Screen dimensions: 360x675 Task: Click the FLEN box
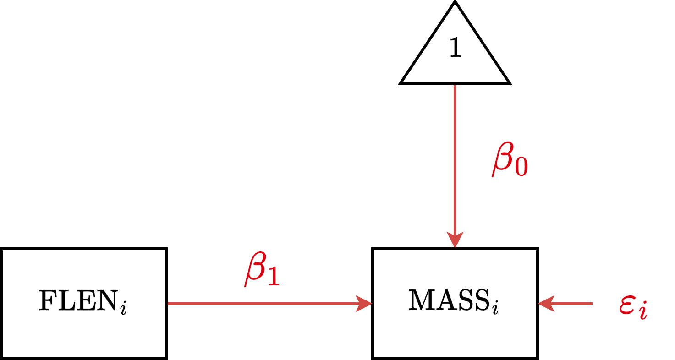coord(83,304)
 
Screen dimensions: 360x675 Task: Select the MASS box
coord(455,304)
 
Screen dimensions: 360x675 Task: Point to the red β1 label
coord(261,272)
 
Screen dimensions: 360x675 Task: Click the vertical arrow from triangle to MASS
coord(455,160)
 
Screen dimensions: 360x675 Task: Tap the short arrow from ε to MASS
coord(568,303)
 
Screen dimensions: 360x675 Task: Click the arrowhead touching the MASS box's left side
coord(364,303)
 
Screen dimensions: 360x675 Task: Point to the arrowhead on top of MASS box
coord(455,240)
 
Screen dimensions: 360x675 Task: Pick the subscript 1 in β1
coord(273,278)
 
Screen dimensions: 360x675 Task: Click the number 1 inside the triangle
coord(455,47)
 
